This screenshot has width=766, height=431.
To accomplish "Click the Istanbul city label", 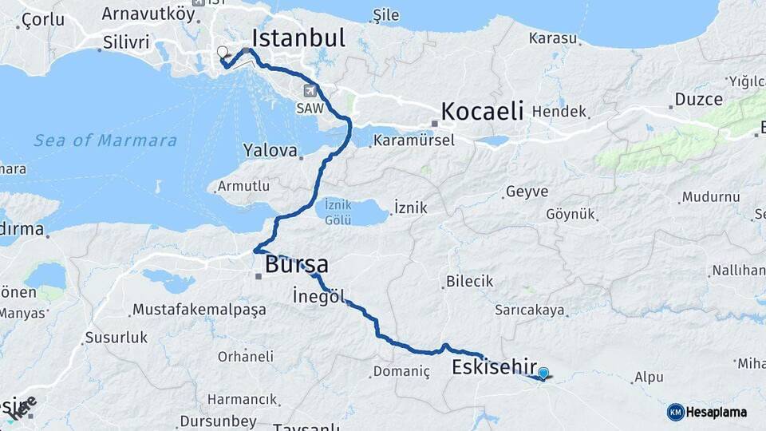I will point(298,38).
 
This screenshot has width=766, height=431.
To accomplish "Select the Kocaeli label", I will point(482,111).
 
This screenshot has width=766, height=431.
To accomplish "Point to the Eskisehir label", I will point(493,367).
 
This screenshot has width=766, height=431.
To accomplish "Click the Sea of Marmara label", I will point(105,140).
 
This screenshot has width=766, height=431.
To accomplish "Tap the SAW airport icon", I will point(310,90).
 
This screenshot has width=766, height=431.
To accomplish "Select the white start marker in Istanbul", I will point(223,53).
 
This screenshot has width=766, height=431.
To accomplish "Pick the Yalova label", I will point(270,150).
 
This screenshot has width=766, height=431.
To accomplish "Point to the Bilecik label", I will point(470,282).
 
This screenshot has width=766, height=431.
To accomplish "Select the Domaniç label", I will point(401,372).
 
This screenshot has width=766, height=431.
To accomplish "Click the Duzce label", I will point(699,100).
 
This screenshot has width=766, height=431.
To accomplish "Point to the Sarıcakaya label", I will point(530,310).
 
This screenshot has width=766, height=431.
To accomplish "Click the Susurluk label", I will point(116,338).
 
